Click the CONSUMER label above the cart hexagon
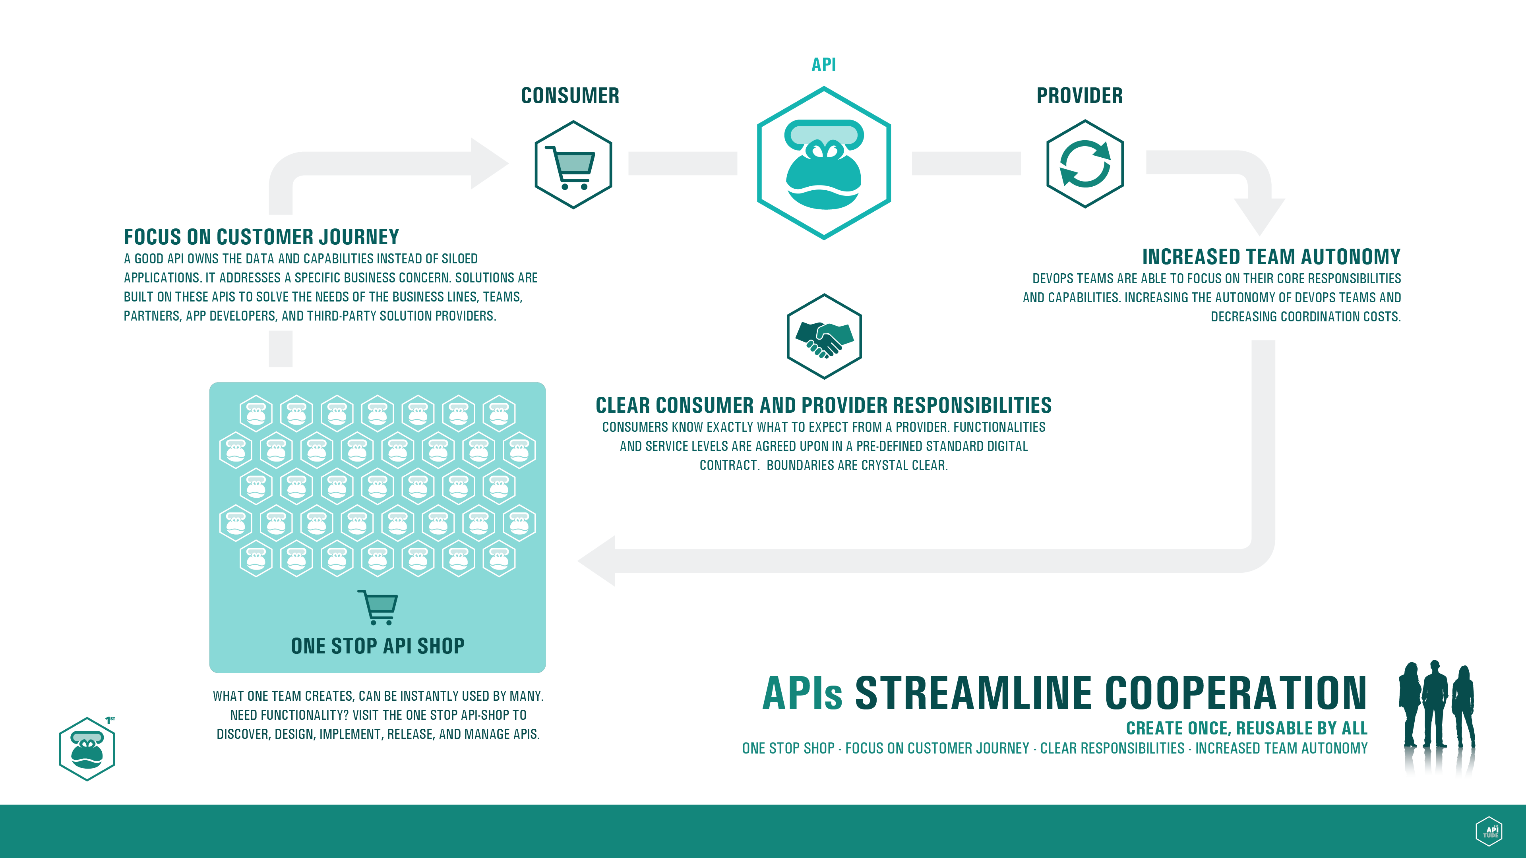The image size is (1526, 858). [x=570, y=95]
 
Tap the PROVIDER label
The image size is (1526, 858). [x=1079, y=95]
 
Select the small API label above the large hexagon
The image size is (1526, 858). [x=823, y=64]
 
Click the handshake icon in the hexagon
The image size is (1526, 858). [x=824, y=338]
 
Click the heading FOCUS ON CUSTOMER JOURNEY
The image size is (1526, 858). [x=261, y=237]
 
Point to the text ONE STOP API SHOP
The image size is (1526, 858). [x=378, y=645]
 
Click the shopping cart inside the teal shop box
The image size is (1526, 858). [x=378, y=607]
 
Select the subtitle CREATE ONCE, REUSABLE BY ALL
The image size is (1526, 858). [x=1246, y=728]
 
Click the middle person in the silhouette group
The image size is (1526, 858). [x=1435, y=705]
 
